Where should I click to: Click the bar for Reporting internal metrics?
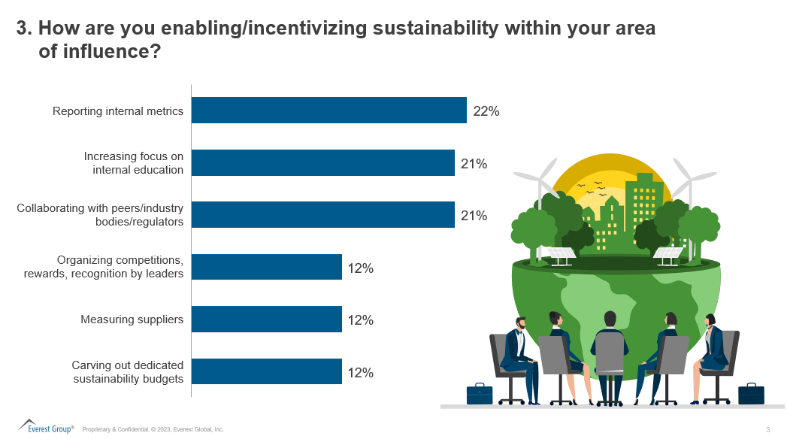(328, 110)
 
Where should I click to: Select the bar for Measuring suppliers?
(267, 319)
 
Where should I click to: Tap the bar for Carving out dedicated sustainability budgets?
(267, 371)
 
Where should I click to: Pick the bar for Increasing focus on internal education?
(322, 162)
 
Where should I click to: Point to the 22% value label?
(486, 111)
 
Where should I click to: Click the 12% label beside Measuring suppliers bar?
(360, 320)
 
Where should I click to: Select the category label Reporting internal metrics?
(118, 111)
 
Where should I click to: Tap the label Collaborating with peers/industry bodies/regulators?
(100, 215)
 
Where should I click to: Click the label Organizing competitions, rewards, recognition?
(104, 267)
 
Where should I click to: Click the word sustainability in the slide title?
(435, 28)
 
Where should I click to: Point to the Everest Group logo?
(46, 426)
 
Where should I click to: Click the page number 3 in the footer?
(768, 429)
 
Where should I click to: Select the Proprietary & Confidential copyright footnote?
(153, 429)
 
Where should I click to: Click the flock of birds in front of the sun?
(592, 188)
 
